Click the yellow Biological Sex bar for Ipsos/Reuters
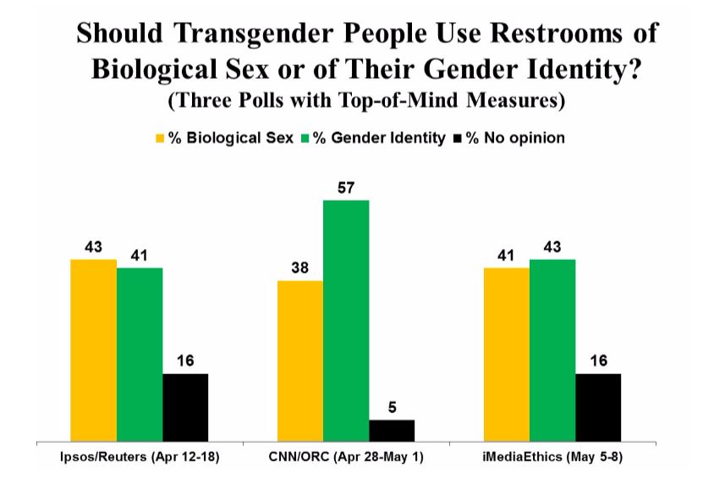(93, 350)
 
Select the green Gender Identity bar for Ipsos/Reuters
(140, 354)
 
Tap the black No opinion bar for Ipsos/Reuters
(185, 407)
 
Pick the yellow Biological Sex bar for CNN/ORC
(299, 361)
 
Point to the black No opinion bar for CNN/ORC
(392, 430)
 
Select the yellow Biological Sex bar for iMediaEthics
(506, 354)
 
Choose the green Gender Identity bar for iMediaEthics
(552, 350)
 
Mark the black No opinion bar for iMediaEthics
(598, 407)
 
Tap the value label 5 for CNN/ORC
(392, 407)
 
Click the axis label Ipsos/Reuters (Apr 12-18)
(140, 458)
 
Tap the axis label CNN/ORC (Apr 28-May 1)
(346, 458)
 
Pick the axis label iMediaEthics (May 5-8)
(552, 458)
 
